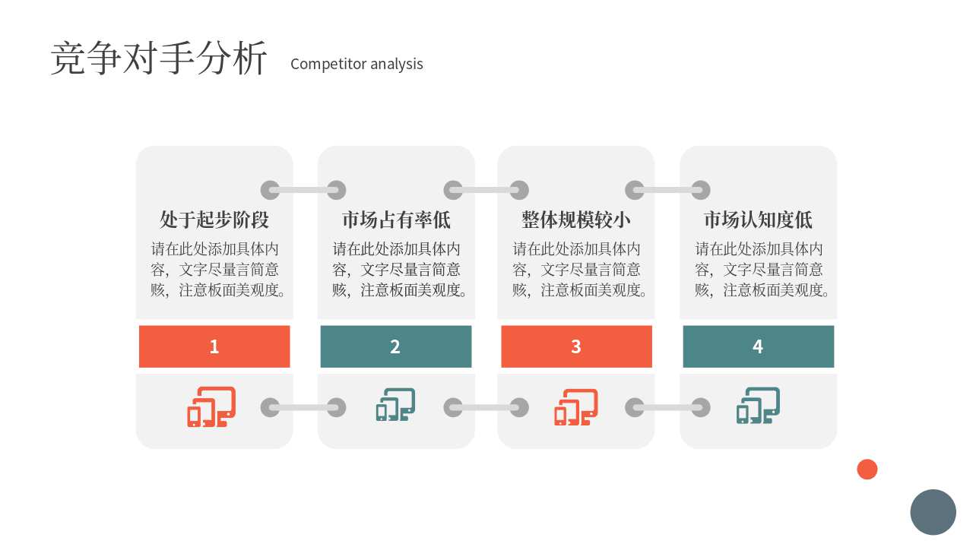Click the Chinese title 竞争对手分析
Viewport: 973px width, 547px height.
[159, 58]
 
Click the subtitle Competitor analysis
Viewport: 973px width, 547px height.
[357, 64]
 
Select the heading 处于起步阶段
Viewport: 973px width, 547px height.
[214, 220]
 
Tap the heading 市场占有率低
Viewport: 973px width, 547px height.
[396, 220]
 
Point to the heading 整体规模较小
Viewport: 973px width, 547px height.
[576, 220]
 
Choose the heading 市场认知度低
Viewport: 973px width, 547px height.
[758, 220]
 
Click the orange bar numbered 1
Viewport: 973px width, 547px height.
[214, 346]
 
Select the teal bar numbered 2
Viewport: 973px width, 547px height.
[396, 346]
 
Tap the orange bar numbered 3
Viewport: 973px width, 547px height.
[576, 346]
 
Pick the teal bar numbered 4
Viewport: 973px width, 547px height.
[759, 346]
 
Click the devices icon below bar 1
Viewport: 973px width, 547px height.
[211, 406]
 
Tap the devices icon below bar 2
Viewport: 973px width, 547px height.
[396, 405]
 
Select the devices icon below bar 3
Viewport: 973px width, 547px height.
[576, 407]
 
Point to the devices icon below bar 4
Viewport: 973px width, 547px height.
[758, 406]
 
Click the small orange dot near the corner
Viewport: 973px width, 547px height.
[867, 470]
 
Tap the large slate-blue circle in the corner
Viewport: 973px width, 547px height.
[933, 512]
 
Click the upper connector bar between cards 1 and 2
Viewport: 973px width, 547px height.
[303, 190]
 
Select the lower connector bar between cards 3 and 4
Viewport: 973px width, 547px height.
[667, 408]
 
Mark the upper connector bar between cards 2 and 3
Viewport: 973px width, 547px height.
[486, 190]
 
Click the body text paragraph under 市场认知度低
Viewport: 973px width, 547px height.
[762, 270]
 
